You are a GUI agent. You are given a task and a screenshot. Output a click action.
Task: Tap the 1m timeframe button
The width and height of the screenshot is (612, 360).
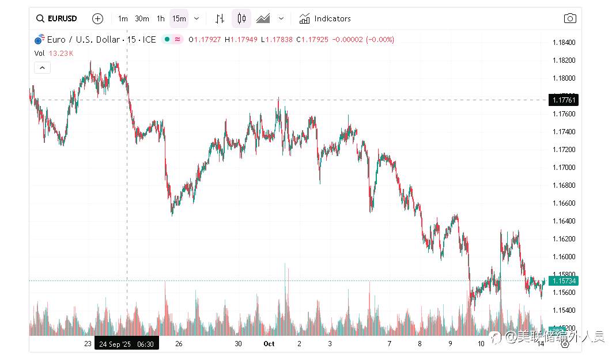click(x=123, y=18)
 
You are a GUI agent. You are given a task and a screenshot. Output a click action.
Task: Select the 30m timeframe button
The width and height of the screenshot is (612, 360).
click(x=142, y=18)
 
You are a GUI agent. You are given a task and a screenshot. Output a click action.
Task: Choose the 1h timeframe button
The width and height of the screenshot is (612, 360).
click(x=161, y=18)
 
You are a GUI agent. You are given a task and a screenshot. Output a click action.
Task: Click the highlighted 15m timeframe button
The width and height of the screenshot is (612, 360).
click(x=179, y=18)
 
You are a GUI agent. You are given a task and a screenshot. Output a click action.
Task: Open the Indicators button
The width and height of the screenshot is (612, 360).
click(x=325, y=18)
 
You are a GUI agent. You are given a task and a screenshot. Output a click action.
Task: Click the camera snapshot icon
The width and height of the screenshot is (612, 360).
click(x=569, y=18)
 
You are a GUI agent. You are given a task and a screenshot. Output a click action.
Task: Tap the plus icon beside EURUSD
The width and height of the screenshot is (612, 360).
click(x=97, y=18)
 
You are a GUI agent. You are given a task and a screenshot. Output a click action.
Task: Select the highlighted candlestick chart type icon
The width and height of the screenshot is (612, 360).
click(x=241, y=18)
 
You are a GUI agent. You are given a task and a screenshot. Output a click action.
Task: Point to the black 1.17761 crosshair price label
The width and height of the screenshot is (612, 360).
click(x=564, y=100)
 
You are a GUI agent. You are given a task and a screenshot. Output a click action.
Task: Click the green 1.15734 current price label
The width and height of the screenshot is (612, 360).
click(x=564, y=281)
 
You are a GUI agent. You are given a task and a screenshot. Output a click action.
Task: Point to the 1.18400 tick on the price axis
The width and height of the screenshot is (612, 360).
click(x=564, y=43)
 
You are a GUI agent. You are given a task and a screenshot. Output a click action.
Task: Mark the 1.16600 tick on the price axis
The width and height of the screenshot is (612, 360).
click(x=564, y=203)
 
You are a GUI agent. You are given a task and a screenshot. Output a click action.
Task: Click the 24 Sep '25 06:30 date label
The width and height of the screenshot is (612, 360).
click(x=126, y=344)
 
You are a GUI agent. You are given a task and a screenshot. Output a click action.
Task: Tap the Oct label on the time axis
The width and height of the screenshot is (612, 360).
click(x=269, y=344)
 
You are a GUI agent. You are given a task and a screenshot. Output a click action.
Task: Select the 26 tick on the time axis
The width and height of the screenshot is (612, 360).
click(x=179, y=344)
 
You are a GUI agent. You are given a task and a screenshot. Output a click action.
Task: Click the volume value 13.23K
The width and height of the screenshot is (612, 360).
click(x=61, y=53)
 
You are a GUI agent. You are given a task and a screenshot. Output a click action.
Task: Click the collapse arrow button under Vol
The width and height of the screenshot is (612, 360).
click(x=43, y=67)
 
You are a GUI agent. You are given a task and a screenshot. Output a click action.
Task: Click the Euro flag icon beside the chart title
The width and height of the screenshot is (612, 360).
click(x=39, y=40)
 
